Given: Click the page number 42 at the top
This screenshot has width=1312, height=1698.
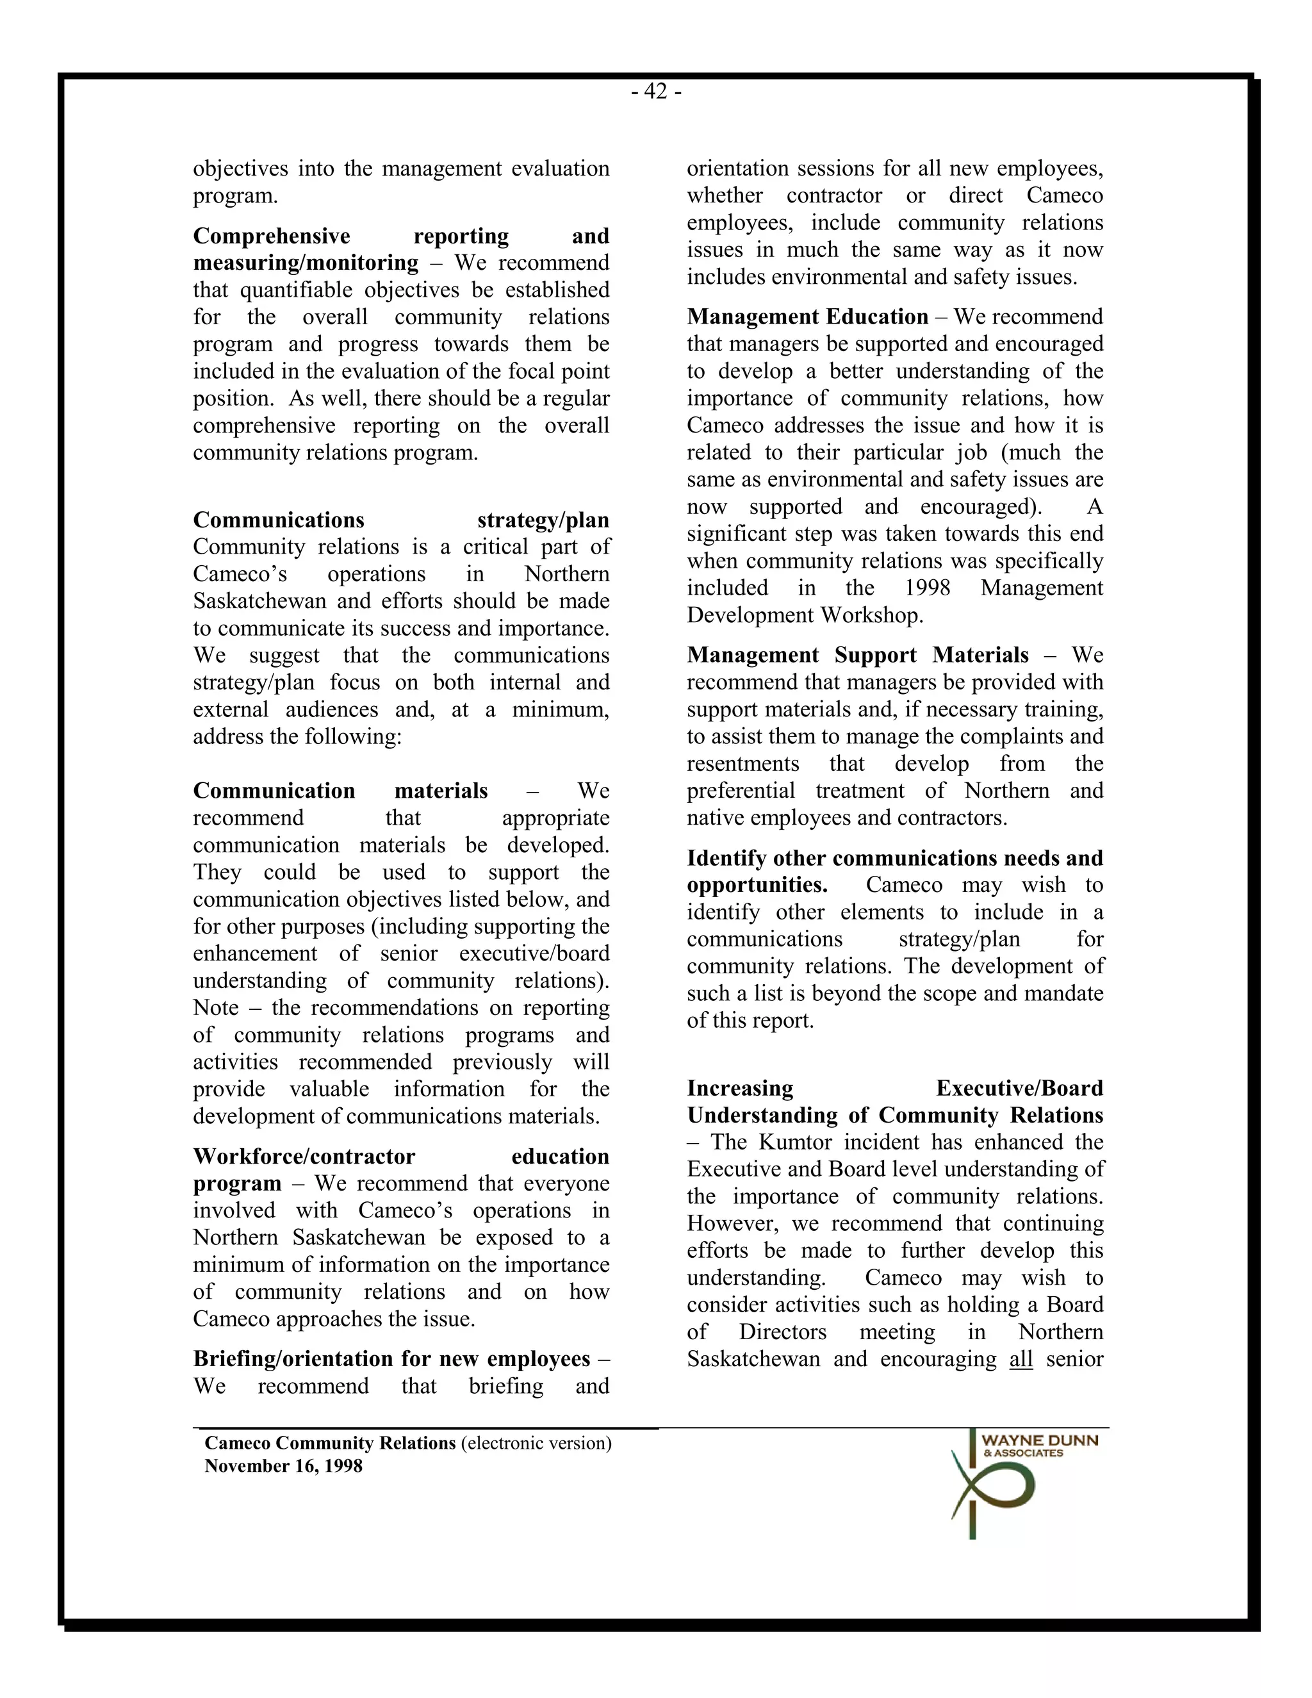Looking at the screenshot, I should [656, 92].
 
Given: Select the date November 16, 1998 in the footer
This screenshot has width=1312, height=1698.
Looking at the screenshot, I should [283, 1466].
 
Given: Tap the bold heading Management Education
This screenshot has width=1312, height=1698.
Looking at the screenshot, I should [807, 317].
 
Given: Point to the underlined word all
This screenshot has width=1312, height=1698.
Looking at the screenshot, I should [1021, 1359].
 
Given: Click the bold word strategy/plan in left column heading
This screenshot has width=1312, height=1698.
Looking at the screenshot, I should [543, 520].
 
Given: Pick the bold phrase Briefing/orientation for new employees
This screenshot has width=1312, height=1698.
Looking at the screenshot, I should [391, 1359].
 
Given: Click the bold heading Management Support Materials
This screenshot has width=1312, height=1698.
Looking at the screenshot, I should [857, 655].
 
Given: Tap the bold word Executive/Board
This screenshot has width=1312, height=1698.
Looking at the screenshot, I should [1019, 1089].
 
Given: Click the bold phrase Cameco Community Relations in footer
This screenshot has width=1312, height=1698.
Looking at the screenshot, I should [329, 1444].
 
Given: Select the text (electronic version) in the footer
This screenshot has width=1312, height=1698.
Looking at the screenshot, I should [536, 1444].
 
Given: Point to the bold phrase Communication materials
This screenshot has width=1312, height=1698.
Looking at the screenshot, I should [340, 791].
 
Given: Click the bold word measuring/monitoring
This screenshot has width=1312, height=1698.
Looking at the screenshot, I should [305, 263].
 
